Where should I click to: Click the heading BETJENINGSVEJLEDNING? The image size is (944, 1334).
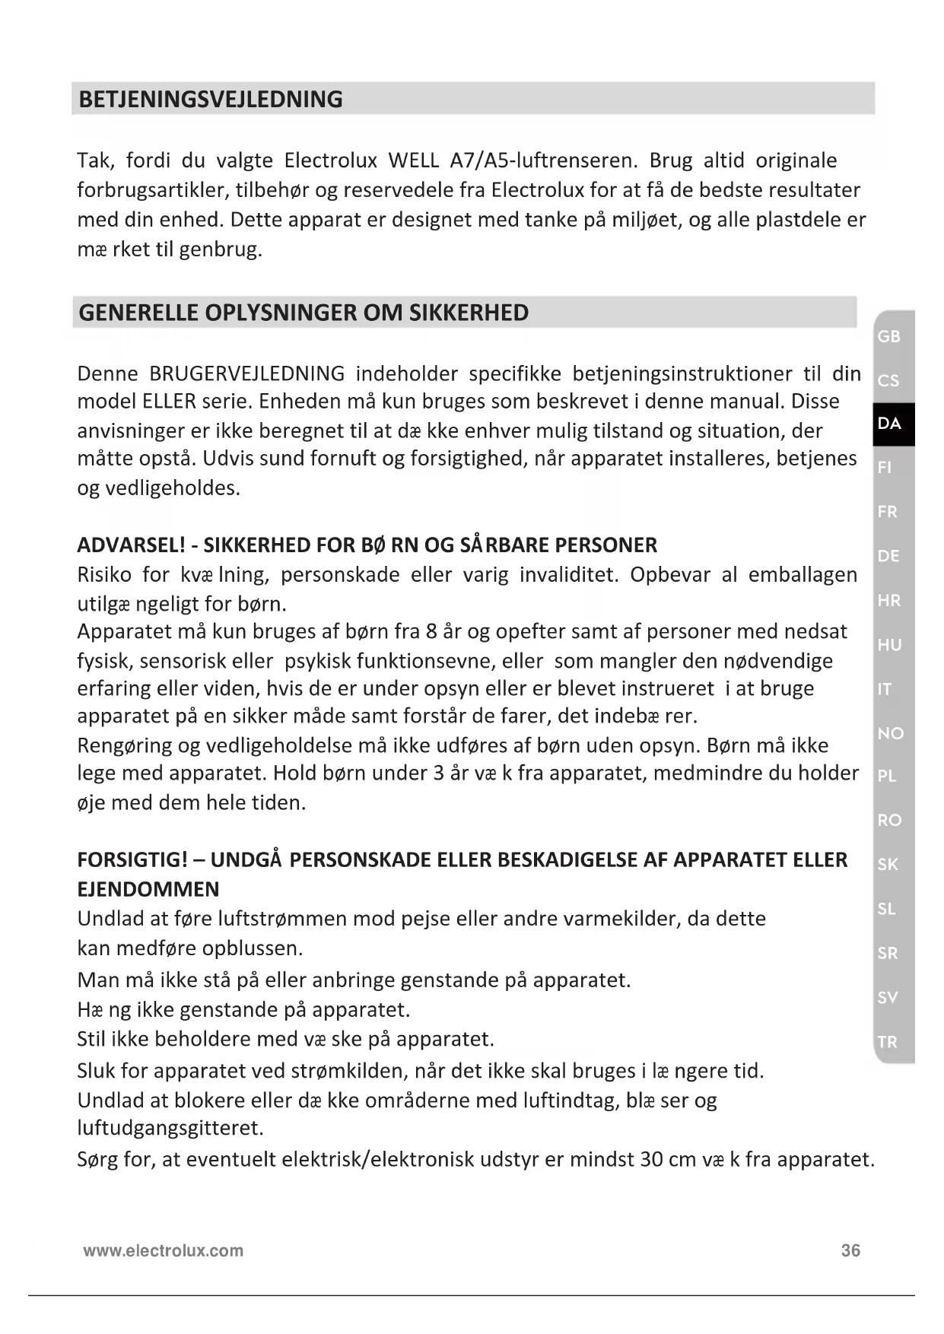click(x=211, y=100)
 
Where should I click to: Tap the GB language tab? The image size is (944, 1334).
click(x=888, y=336)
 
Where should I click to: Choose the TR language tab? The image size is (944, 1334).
click(x=888, y=1042)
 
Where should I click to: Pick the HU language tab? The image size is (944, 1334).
click(x=888, y=645)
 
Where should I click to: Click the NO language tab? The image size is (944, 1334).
click(x=890, y=733)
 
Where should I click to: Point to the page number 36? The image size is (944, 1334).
click(x=850, y=1250)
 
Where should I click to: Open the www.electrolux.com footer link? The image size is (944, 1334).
click(x=164, y=1250)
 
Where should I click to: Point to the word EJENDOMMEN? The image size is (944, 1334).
click(x=148, y=889)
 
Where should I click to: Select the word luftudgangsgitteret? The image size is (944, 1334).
click(x=170, y=1128)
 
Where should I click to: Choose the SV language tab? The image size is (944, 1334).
click(x=888, y=998)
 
